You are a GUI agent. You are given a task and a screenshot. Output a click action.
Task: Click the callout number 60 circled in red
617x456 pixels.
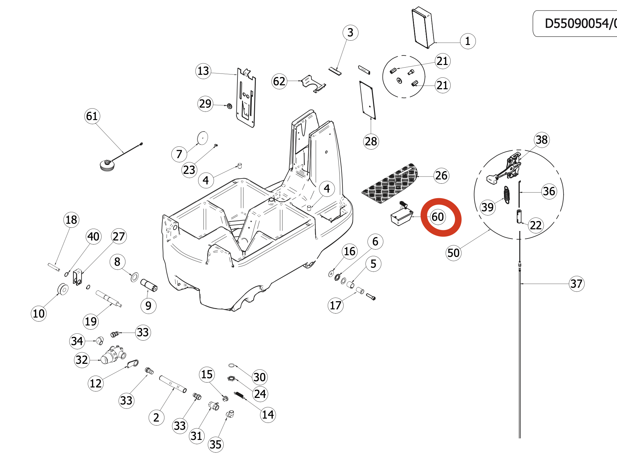(x=438, y=217)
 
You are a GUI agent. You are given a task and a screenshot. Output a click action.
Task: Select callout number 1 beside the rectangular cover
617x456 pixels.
(x=468, y=41)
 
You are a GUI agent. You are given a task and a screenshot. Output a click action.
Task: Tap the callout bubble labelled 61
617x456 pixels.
(x=92, y=116)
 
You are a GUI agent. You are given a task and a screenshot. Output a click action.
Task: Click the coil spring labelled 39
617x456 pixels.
(x=507, y=195)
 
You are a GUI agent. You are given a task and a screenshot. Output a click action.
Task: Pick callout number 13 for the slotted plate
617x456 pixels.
(x=203, y=71)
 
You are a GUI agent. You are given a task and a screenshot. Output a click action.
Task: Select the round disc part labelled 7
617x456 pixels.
(x=202, y=138)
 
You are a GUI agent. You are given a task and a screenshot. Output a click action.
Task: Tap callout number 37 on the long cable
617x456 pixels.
(x=576, y=284)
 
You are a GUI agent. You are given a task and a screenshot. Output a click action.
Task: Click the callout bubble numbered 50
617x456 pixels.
(x=454, y=253)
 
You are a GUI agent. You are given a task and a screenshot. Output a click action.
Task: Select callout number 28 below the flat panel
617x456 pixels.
(x=371, y=141)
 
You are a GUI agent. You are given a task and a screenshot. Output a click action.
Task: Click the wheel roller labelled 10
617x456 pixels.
(x=63, y=289)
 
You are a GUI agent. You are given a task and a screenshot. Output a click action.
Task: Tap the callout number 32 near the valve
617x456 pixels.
(x=82, y=360)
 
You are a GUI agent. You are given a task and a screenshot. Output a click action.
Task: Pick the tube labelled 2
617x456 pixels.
(x=173, y=384)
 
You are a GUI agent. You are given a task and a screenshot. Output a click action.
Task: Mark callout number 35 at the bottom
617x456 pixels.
(x=215, y=445)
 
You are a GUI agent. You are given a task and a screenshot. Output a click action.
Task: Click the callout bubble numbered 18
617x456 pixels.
(x=71, y=220)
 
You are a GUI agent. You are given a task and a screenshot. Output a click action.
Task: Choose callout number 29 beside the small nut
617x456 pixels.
(x=205, y=104)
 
